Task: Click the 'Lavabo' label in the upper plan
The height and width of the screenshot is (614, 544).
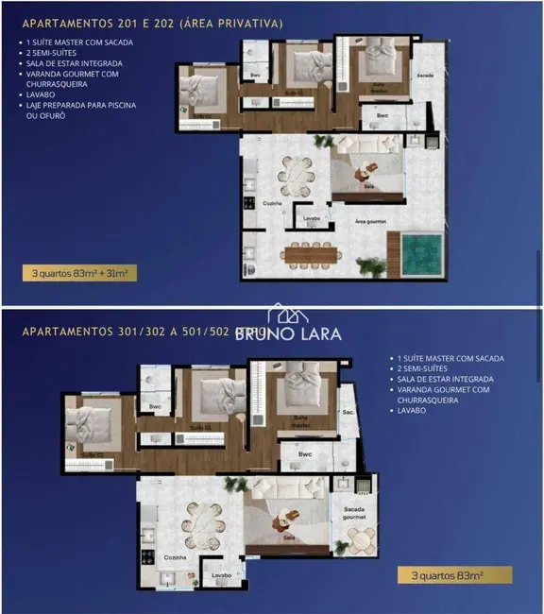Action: [311, 218]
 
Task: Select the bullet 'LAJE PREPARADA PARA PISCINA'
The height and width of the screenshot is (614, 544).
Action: [82, 105]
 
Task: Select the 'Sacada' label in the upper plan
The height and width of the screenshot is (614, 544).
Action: [424, 75]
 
